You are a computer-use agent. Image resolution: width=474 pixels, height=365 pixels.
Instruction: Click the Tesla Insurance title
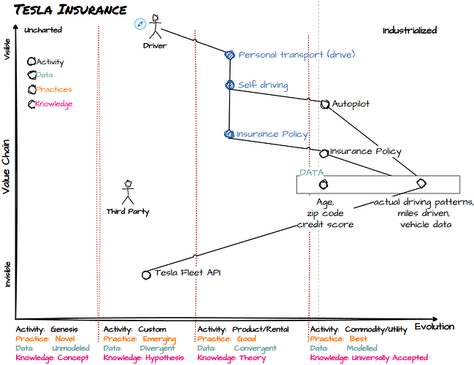70,9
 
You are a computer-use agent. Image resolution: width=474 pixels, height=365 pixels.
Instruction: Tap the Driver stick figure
156,26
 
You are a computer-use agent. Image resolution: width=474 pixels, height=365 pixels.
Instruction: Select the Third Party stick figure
128,193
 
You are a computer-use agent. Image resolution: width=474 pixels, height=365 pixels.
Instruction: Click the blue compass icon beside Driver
140,24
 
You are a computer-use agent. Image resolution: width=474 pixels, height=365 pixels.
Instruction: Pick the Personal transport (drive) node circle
230,55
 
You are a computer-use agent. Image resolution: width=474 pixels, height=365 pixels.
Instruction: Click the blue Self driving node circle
230,85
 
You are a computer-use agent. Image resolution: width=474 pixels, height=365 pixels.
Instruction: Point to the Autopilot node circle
325,104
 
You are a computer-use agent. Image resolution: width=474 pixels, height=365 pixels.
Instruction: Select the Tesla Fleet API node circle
146,275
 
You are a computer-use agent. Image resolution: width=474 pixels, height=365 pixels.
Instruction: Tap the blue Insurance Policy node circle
229,134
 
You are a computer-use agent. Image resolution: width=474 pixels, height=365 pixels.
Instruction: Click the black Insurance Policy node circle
324,153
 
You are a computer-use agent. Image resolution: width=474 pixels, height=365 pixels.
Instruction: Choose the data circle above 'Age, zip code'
324,184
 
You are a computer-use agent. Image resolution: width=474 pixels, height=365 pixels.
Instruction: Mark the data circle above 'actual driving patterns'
421,183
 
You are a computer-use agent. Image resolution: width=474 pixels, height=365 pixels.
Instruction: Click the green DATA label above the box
311,172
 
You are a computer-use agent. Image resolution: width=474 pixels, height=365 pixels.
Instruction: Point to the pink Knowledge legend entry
54,104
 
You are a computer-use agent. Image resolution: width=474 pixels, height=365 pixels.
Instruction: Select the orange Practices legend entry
53,90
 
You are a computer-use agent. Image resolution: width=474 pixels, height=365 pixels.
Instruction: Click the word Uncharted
43,30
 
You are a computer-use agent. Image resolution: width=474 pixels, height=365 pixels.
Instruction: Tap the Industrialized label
410,30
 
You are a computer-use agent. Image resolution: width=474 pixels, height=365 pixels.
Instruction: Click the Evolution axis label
435,326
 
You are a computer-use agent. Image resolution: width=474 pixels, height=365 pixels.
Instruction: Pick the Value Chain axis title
6,166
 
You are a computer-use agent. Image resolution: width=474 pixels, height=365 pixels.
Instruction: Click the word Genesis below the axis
64,329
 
